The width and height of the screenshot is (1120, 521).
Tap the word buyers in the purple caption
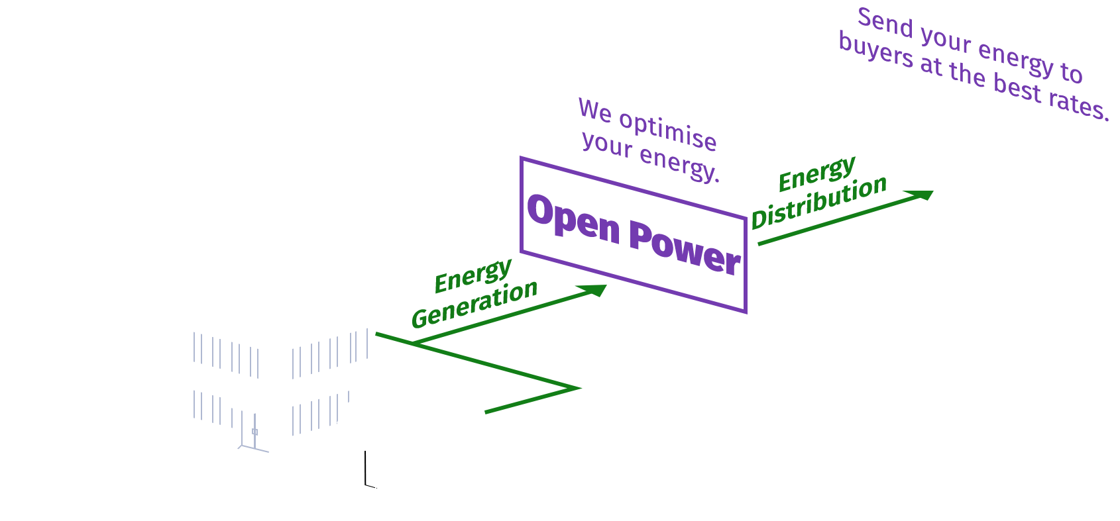(x=875, y=50)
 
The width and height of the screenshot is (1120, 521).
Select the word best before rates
(x=1017, y=87)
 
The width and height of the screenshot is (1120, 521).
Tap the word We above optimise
(x=595, y=111)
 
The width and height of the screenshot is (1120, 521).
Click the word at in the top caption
(x=930, y=65)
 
